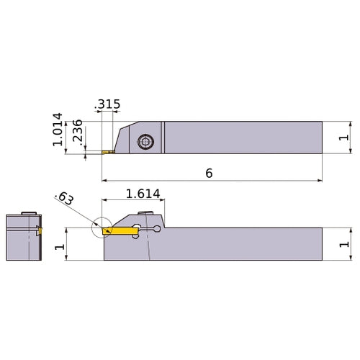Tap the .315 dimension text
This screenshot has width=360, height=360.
tap(108, 105)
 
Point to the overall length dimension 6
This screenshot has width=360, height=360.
tap(210, 173)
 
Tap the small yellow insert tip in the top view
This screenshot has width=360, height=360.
tap(107, 153)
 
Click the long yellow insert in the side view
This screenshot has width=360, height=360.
tap(120, 230)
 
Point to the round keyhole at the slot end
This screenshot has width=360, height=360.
tap(157, 230)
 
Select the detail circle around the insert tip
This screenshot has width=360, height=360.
tap(102, 228)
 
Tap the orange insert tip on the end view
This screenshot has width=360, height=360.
tap(40, 231)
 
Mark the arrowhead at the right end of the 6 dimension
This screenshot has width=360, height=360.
tap(320, 180)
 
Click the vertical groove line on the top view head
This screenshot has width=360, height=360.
tap(163, 138)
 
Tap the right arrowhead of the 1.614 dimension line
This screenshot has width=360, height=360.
tap(164, 200)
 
